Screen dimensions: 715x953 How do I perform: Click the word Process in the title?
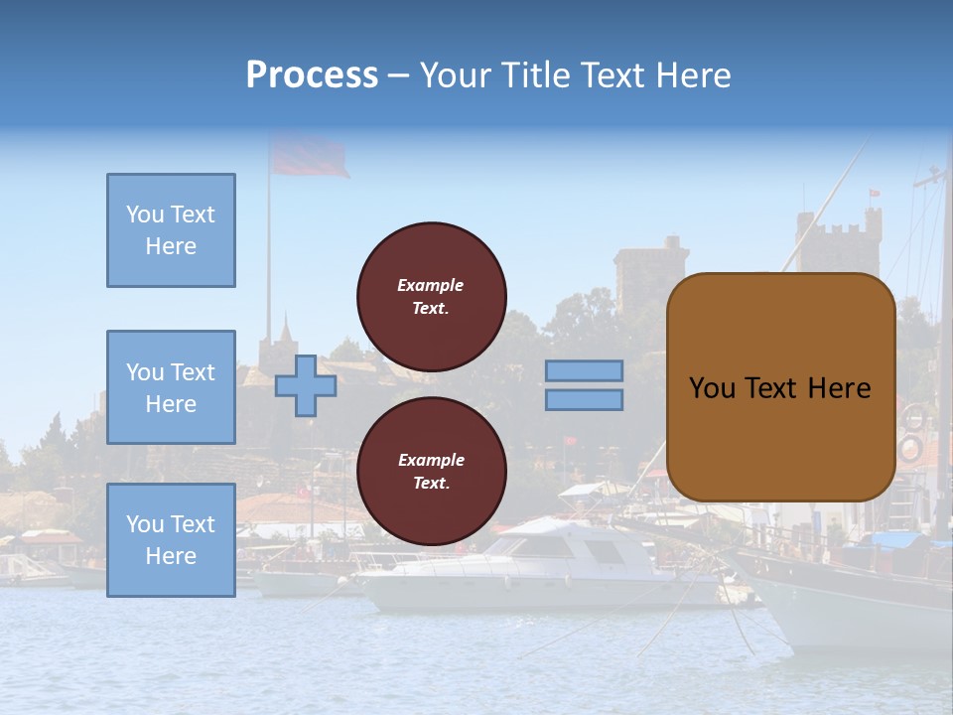(x=312, y=75)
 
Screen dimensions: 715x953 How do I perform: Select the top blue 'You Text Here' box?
(x=171, y=230)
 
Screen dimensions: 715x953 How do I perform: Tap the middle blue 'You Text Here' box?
(x=171, y=387)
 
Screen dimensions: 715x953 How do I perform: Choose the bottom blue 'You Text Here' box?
(x=171, y=540)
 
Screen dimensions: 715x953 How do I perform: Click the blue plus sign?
(x=305, y=385)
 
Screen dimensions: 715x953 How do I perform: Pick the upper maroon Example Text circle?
(x=431, y=297)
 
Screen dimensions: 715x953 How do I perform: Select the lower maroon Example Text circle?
(x=431, y=472)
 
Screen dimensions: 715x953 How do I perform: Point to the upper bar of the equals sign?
(x=584, y=370)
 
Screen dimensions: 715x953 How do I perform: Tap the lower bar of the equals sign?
(x=584, y=400)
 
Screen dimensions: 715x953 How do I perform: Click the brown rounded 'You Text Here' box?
(x=780, y=387)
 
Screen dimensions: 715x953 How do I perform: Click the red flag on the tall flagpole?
(x=309, y=157)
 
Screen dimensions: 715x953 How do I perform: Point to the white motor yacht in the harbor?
(x=536, y=571)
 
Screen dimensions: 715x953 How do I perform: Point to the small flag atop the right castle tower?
(x=874, y=193)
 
